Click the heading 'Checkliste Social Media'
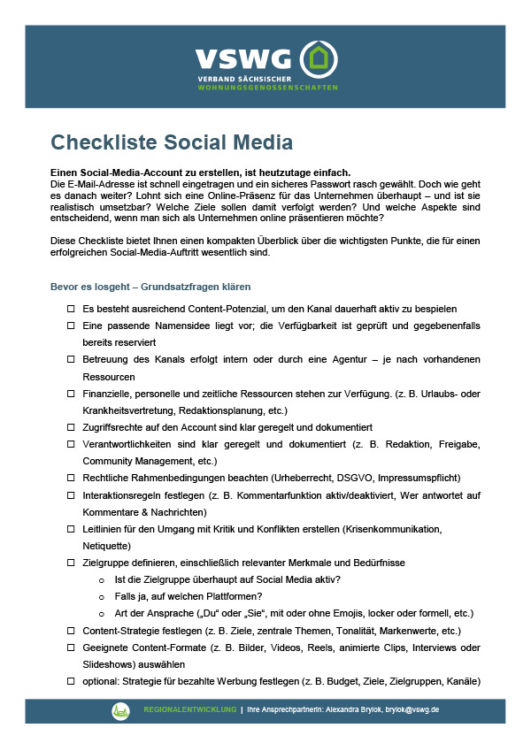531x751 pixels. coord(171,142)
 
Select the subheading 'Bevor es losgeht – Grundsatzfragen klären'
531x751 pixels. coord(150,287)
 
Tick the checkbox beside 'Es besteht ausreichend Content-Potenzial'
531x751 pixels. coord(71,309)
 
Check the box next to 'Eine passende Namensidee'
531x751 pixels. coord(71,326)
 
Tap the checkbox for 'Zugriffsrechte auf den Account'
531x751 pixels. coord(71,426)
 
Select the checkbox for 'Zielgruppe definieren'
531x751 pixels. coord(71,563)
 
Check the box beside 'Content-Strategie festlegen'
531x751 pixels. coord(71,631)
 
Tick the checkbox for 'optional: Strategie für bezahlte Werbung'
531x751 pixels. coord(71,682)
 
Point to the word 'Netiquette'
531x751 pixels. coord(107,546)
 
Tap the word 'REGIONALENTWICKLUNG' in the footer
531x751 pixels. coord(190,709)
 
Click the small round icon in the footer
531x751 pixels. coord(120,710)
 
